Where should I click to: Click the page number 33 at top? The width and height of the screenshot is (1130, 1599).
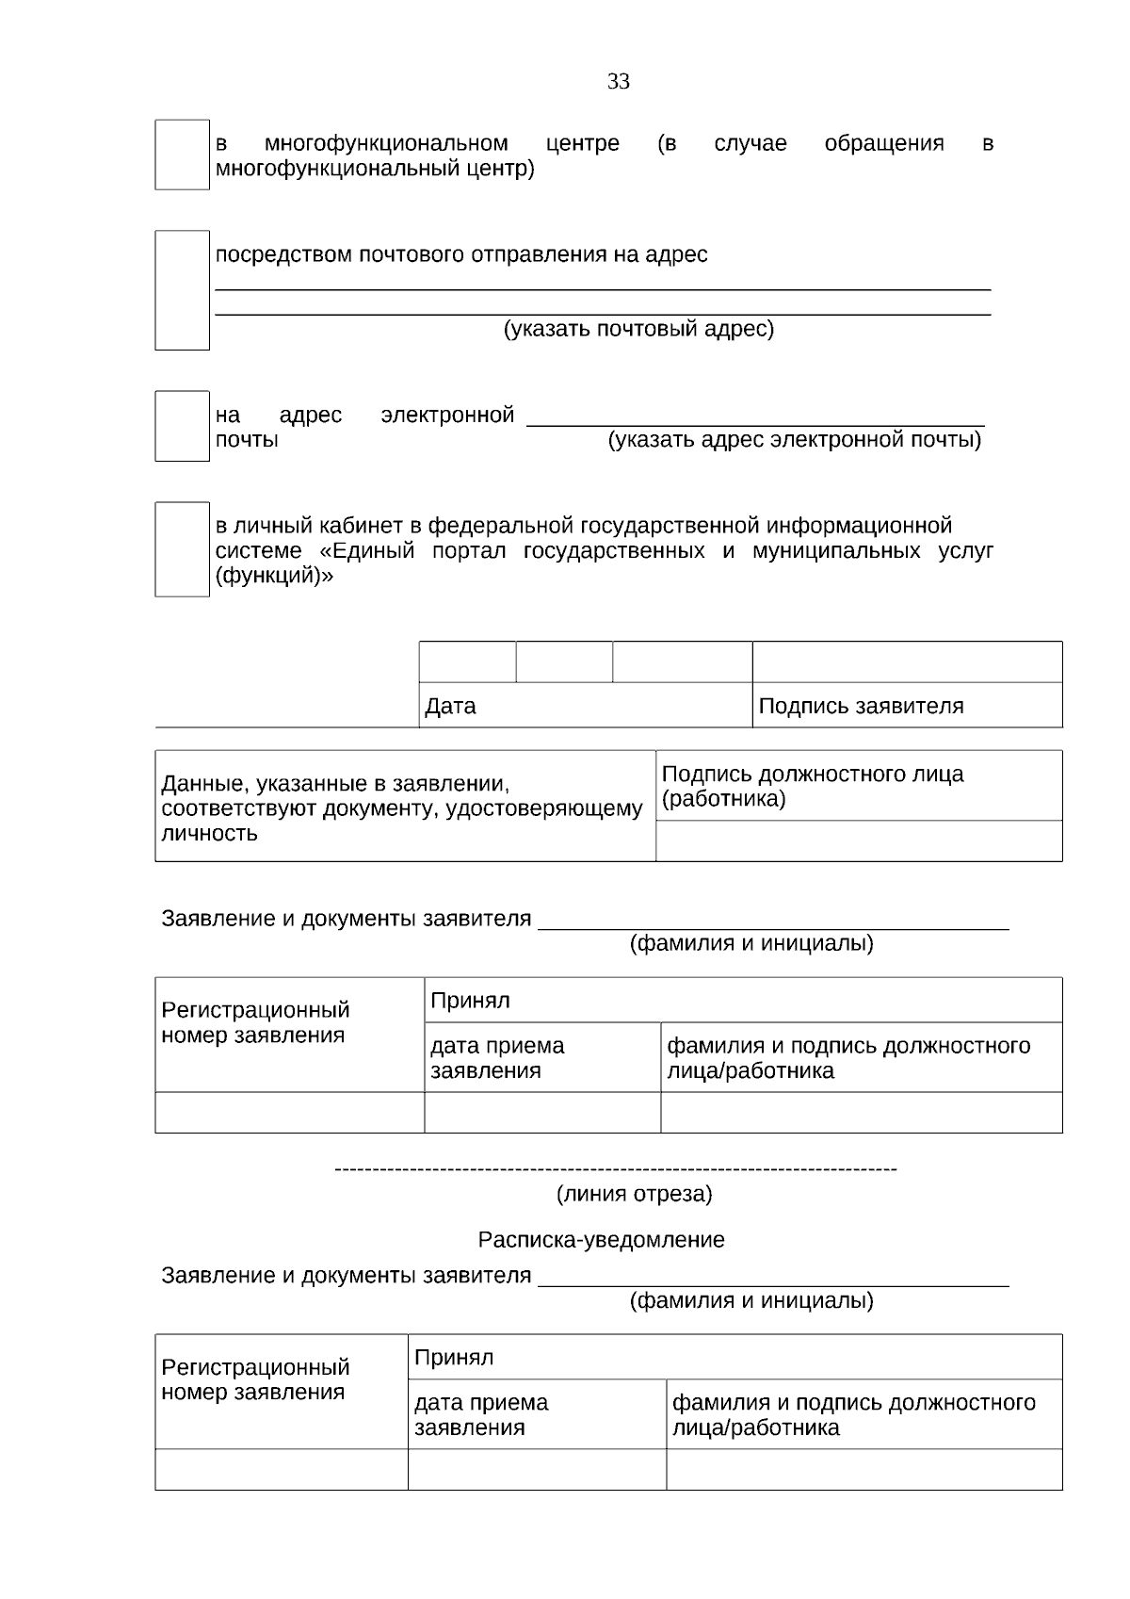(618, 82)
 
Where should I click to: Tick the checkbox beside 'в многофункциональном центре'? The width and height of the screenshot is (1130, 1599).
(182, 155)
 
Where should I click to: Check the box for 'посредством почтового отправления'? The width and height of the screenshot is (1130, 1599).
(182, 290)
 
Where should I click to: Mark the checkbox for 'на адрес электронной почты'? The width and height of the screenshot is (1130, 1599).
(182, 426)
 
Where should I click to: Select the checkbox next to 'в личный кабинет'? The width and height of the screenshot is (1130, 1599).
(182, 549)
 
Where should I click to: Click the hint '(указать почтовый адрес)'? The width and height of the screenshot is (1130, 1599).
(638, 329)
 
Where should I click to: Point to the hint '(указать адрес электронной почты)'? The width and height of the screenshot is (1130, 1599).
(795, 440)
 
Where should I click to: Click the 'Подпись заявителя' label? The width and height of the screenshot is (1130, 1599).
(861, 706)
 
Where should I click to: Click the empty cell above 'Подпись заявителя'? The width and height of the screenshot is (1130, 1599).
(907, 662)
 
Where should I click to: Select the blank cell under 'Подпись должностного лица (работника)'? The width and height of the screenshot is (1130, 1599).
(858, 840)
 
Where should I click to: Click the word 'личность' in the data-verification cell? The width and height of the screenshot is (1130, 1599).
(209, 834)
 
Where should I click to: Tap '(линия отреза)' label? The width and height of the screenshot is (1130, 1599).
(635, 1195)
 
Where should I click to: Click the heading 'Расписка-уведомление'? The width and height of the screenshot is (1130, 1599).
(601, 1240)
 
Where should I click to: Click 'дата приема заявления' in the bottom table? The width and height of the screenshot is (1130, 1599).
(481, 1414)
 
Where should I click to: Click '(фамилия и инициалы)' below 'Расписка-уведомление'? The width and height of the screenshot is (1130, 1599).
(751, 1301)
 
